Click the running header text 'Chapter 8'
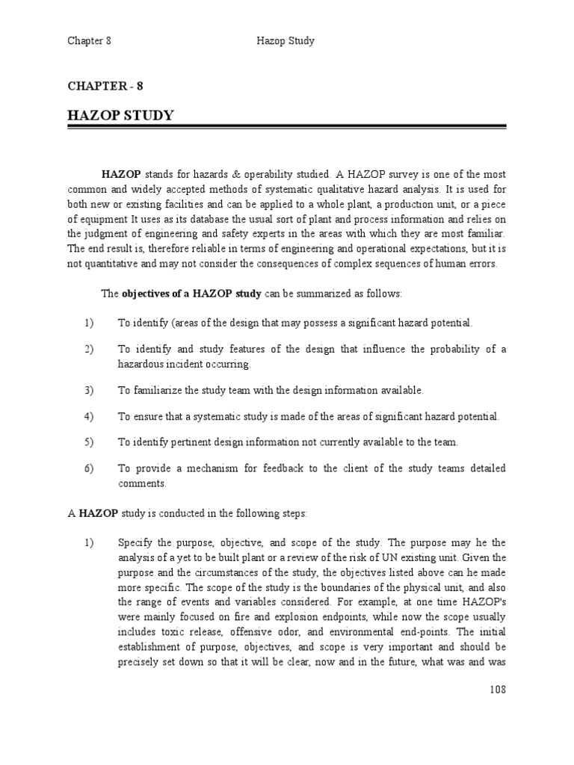coord(89,41)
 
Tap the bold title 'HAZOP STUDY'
coord(120,115)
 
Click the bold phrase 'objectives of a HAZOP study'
coord(192,294)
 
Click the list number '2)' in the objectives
coord(89,350)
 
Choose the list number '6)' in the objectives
coord(89,468)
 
